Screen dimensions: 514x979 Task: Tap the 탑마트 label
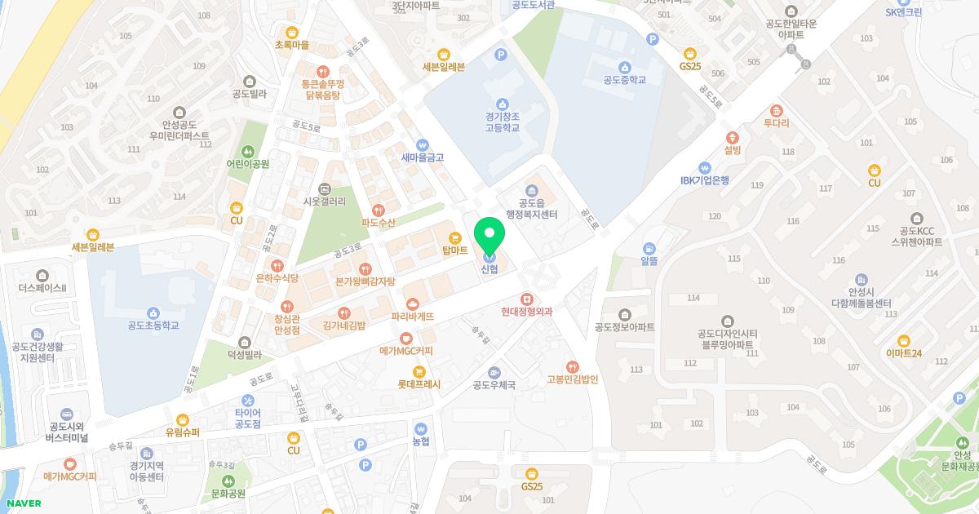[454, 250]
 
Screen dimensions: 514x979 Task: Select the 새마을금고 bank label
[422, 157]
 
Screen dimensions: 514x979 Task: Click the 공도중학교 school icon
[624, 67]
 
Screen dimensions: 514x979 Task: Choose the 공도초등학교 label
[153, 326]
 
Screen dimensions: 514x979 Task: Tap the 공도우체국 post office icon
[494, 372]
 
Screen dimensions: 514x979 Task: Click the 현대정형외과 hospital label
[527, 312]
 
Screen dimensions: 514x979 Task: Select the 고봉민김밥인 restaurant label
[573, 379]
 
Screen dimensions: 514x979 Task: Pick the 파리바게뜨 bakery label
[412, 317]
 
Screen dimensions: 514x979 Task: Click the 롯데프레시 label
[419, 383]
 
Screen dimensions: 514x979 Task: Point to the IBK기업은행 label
[705, 180]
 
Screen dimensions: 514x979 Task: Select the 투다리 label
[776, 123]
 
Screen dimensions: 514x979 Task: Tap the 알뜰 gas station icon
[649, 248]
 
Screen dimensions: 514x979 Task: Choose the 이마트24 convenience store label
[903, 353]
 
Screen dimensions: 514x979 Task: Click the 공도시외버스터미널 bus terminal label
[66, 432]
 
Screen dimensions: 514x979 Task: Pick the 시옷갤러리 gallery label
[324, 202]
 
